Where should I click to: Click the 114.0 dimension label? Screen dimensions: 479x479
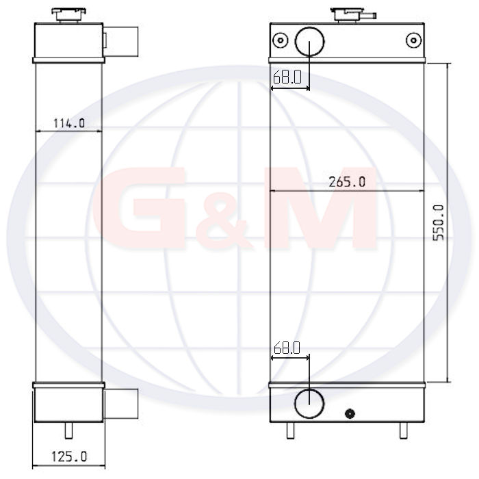(69, 123)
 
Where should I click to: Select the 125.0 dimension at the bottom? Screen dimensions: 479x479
(69, 456)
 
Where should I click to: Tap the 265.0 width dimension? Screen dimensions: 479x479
(347, 182)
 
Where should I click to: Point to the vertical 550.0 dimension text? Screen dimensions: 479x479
(439, 222)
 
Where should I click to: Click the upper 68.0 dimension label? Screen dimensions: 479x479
(287, 77)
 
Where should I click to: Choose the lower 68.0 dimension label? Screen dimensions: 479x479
(287, 348)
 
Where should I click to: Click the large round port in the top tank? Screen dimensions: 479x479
(309, 42)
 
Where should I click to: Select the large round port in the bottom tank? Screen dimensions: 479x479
(309, 403)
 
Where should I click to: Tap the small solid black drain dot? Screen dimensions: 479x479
(350, 413)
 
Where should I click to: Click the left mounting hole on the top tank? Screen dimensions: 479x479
(280, 40)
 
